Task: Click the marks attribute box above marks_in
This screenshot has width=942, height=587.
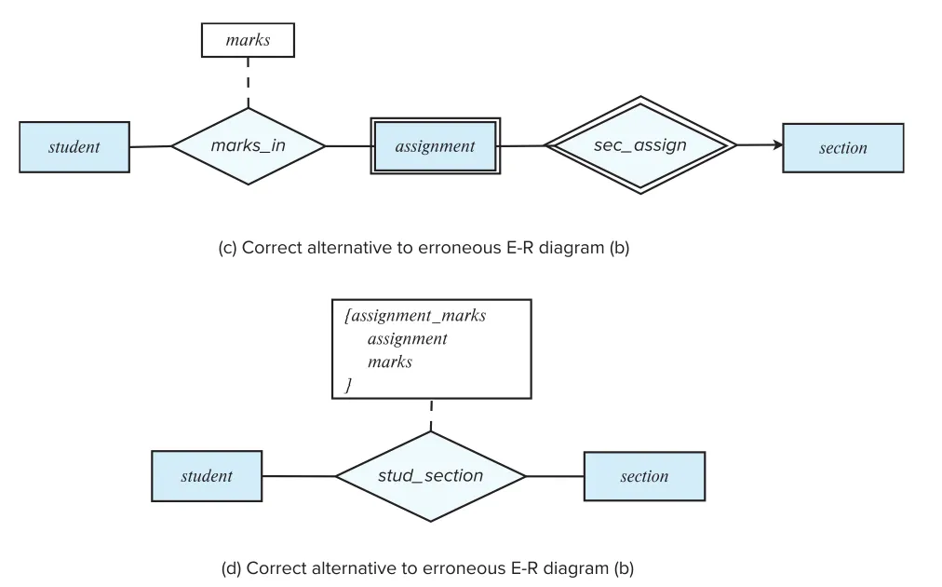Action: (248, 40)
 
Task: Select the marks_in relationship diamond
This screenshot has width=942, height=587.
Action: (249, 146)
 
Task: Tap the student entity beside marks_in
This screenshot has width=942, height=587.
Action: (74, 147)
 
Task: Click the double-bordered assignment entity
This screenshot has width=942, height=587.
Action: (436, 146)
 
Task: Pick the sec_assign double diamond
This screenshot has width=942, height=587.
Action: (640, 145)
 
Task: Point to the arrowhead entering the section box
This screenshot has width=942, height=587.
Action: (778, 145)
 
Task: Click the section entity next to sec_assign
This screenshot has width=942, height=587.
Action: (843, 148)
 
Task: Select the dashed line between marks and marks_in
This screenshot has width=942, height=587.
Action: (249, 83)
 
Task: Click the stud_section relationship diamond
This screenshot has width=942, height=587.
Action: (431, 476)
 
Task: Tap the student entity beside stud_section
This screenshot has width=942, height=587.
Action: (207, 476)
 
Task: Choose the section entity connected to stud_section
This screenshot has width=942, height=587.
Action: (645, 476)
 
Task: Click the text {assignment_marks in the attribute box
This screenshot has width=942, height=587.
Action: (415, 316)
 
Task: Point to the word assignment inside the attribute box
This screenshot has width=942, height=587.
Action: (408, 339)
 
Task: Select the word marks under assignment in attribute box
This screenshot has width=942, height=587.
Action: (390, 362)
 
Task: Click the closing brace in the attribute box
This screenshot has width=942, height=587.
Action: (348, 385)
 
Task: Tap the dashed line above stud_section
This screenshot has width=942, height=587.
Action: (431, 415)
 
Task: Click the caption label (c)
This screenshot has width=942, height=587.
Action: (227, 248)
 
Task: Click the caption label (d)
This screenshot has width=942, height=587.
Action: (231, 568)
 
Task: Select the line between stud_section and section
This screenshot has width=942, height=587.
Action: (555, 476)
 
